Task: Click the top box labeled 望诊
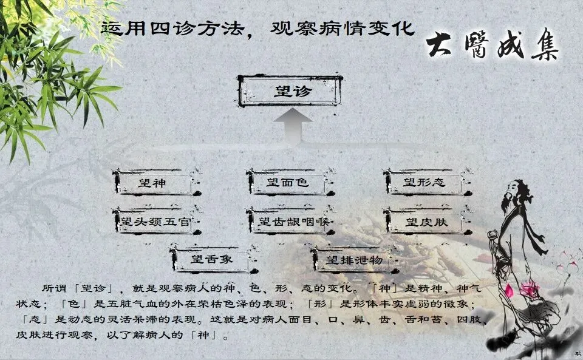coord(291,92)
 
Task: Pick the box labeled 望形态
coord(424,182)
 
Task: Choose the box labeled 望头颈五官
coord(154,222)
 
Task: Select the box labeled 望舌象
coord(211,260)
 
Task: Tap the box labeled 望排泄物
coord(354,260)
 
